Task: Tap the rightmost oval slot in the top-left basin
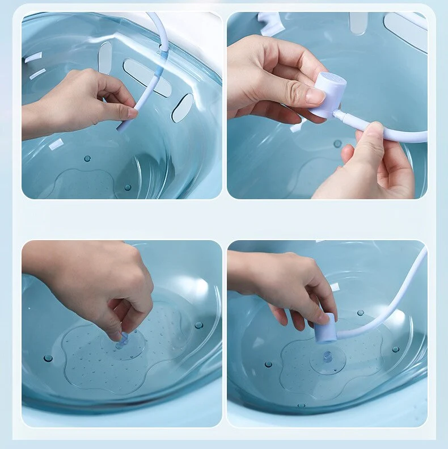click(x=183, y=108)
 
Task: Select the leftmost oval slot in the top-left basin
click(x=105, y=58)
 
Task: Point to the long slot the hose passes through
click(x=147, y=77)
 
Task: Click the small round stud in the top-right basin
click(x=337, y=144)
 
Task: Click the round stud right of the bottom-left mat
click(x=198, y=325)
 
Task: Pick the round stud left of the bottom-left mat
click(x=48, y=358)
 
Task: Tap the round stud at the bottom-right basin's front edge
click(x=300, y=405)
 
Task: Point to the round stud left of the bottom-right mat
click(x=268, y=364)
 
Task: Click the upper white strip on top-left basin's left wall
click(x=33, y=57)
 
